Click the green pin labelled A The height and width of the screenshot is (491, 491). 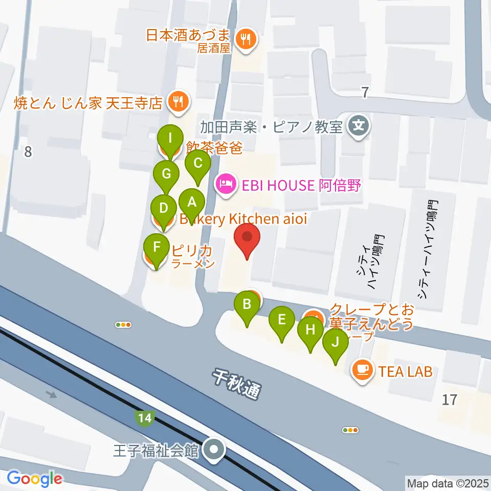tap(192, 202)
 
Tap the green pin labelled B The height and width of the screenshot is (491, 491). tap(247, 305)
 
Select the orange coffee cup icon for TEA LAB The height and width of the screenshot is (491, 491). tap(362, 370)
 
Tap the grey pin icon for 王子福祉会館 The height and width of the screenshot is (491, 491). tap(213, 451)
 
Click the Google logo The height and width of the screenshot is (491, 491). tap(34, 478)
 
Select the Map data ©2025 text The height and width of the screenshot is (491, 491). tap(447, 482)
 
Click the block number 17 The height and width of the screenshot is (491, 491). tap(450, 399)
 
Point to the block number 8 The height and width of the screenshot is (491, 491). tap(28, 152)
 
